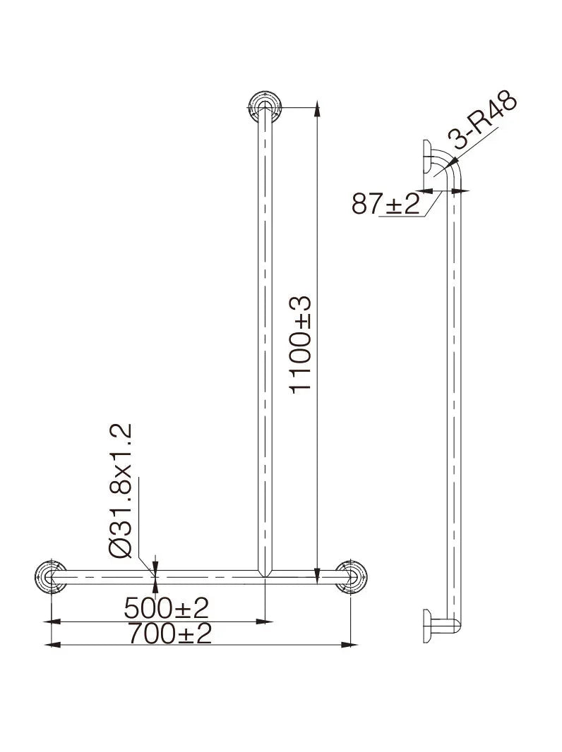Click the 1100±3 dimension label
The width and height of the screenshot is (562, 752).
(301, 344)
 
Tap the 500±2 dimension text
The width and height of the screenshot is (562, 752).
(166, 608)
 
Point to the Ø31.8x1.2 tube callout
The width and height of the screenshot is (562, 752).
(120, 490)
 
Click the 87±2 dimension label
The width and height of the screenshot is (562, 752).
(386, 204)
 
